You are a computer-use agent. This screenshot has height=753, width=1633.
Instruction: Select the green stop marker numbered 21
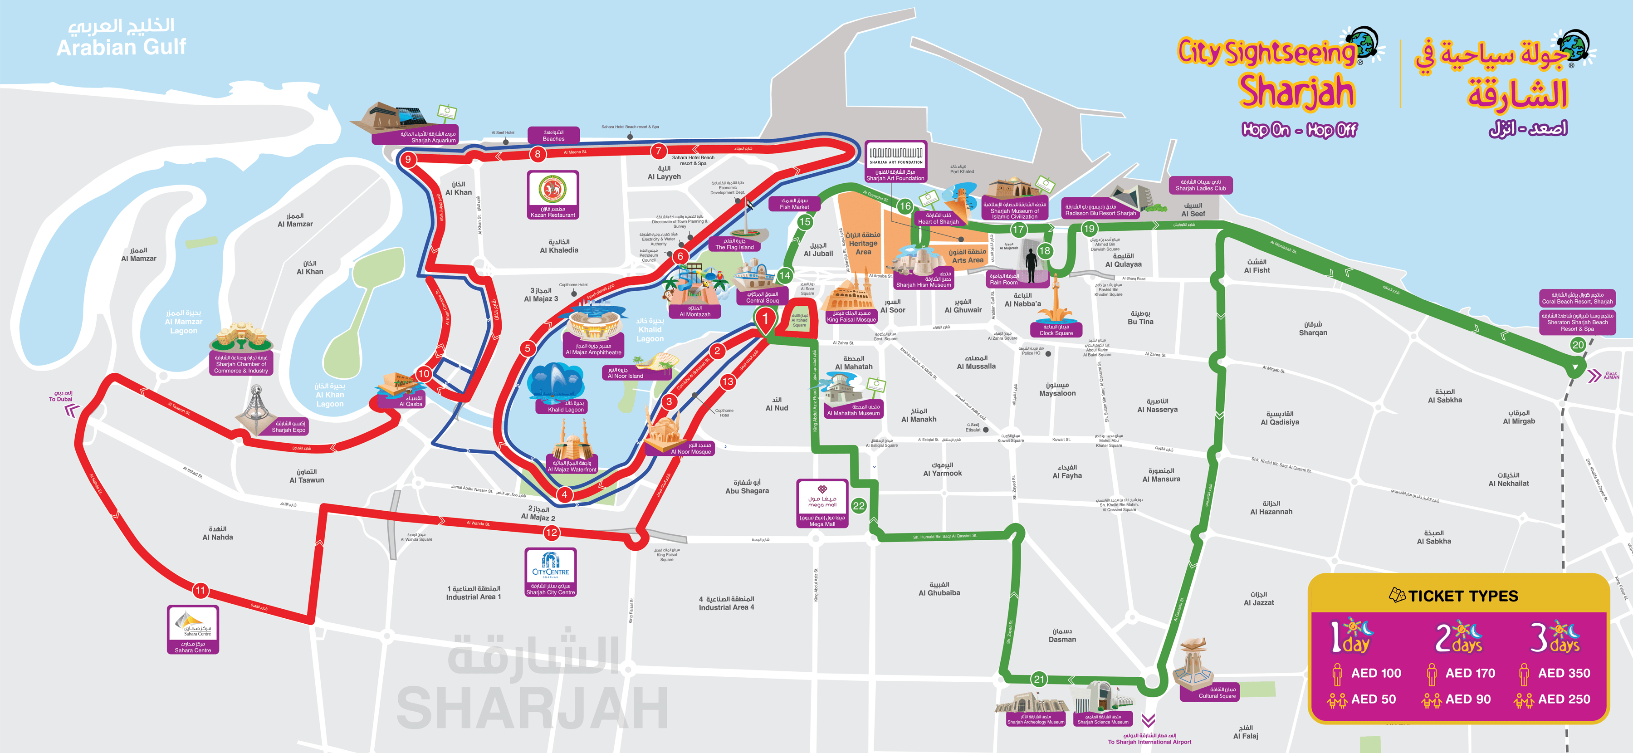click(1038, 680)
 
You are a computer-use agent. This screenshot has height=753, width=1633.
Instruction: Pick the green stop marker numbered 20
click(1578, 345)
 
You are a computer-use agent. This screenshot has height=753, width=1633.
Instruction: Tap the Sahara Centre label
click(193, 647)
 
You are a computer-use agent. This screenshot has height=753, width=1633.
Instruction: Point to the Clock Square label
click(1056, 330)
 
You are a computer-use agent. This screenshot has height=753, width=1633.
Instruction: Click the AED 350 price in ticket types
click(1564, 673)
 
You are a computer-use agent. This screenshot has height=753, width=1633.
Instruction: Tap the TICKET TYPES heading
click(1462, 596)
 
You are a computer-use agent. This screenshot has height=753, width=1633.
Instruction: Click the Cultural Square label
click(1217, 693)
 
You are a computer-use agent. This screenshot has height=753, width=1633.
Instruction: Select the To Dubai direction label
click(61, 396)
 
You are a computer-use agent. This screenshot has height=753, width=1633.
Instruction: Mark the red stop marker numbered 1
click(765, 319)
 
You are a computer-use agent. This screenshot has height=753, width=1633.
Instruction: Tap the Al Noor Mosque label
click(691, 449)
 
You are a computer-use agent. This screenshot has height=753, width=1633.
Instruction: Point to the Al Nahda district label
click(217, 533)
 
